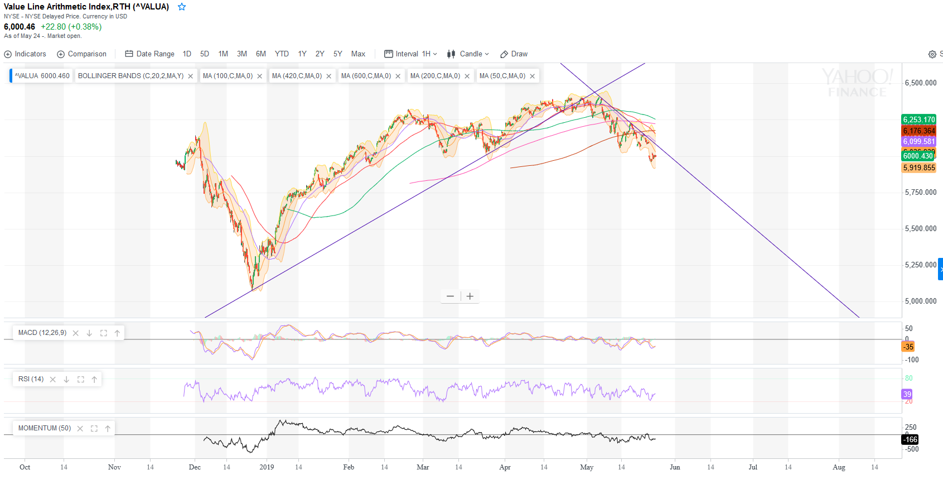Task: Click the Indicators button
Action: point(25,54)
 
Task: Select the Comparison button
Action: point(82,54)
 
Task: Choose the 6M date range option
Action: point(260,54)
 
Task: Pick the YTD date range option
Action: point(282,54)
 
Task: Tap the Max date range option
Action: point(358,54)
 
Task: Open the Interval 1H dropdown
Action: point(411,54)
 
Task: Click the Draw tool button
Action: point(514,54)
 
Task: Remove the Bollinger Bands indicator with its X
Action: point(190,76)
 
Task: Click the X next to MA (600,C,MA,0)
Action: point(398,76)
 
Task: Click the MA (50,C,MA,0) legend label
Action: point(502,76)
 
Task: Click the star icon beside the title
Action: point(182,7)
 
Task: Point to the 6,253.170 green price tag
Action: point(918,119)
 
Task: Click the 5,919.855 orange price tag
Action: point(918,167)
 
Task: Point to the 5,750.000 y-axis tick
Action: point(920,192)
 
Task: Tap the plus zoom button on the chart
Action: point(470,296)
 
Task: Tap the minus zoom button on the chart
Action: point(450,296)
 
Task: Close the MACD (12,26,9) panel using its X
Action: point(75,333)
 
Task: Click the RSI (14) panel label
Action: point(31,379)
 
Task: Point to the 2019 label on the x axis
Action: point(267,467)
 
